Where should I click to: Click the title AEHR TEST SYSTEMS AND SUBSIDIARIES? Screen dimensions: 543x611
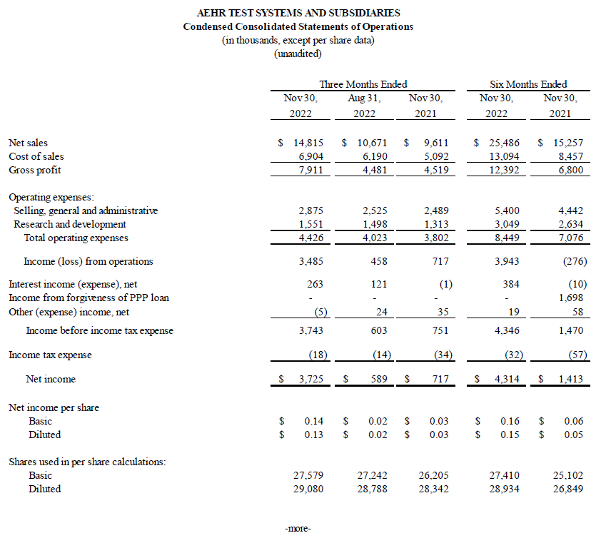click(x=298, y=13)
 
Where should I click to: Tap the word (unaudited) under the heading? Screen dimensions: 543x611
click(x=298, y=54)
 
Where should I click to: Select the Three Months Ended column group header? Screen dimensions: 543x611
click(x=363, y=84)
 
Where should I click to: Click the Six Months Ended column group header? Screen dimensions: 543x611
click(x=528, y=84)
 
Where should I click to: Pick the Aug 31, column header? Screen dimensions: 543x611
click(x=363, y=98)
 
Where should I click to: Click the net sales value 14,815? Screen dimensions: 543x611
click(x=309, y=143)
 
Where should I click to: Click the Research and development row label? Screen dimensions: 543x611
click(x=70, y=224)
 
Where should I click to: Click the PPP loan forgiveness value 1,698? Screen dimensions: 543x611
click(x=570, y=298)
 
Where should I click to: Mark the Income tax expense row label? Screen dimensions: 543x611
click(x=50, y=355)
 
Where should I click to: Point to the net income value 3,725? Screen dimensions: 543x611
click(x=309, y=379)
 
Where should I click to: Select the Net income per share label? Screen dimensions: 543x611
click(x=54, y=407)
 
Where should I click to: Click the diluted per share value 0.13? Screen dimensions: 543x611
click(x=314, y=435)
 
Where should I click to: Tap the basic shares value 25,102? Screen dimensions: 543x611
click(x=569, y=475)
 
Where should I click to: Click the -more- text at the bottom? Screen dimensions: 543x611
click(x=298, y=529)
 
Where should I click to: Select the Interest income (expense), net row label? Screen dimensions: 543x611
click(x=73, y=284)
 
